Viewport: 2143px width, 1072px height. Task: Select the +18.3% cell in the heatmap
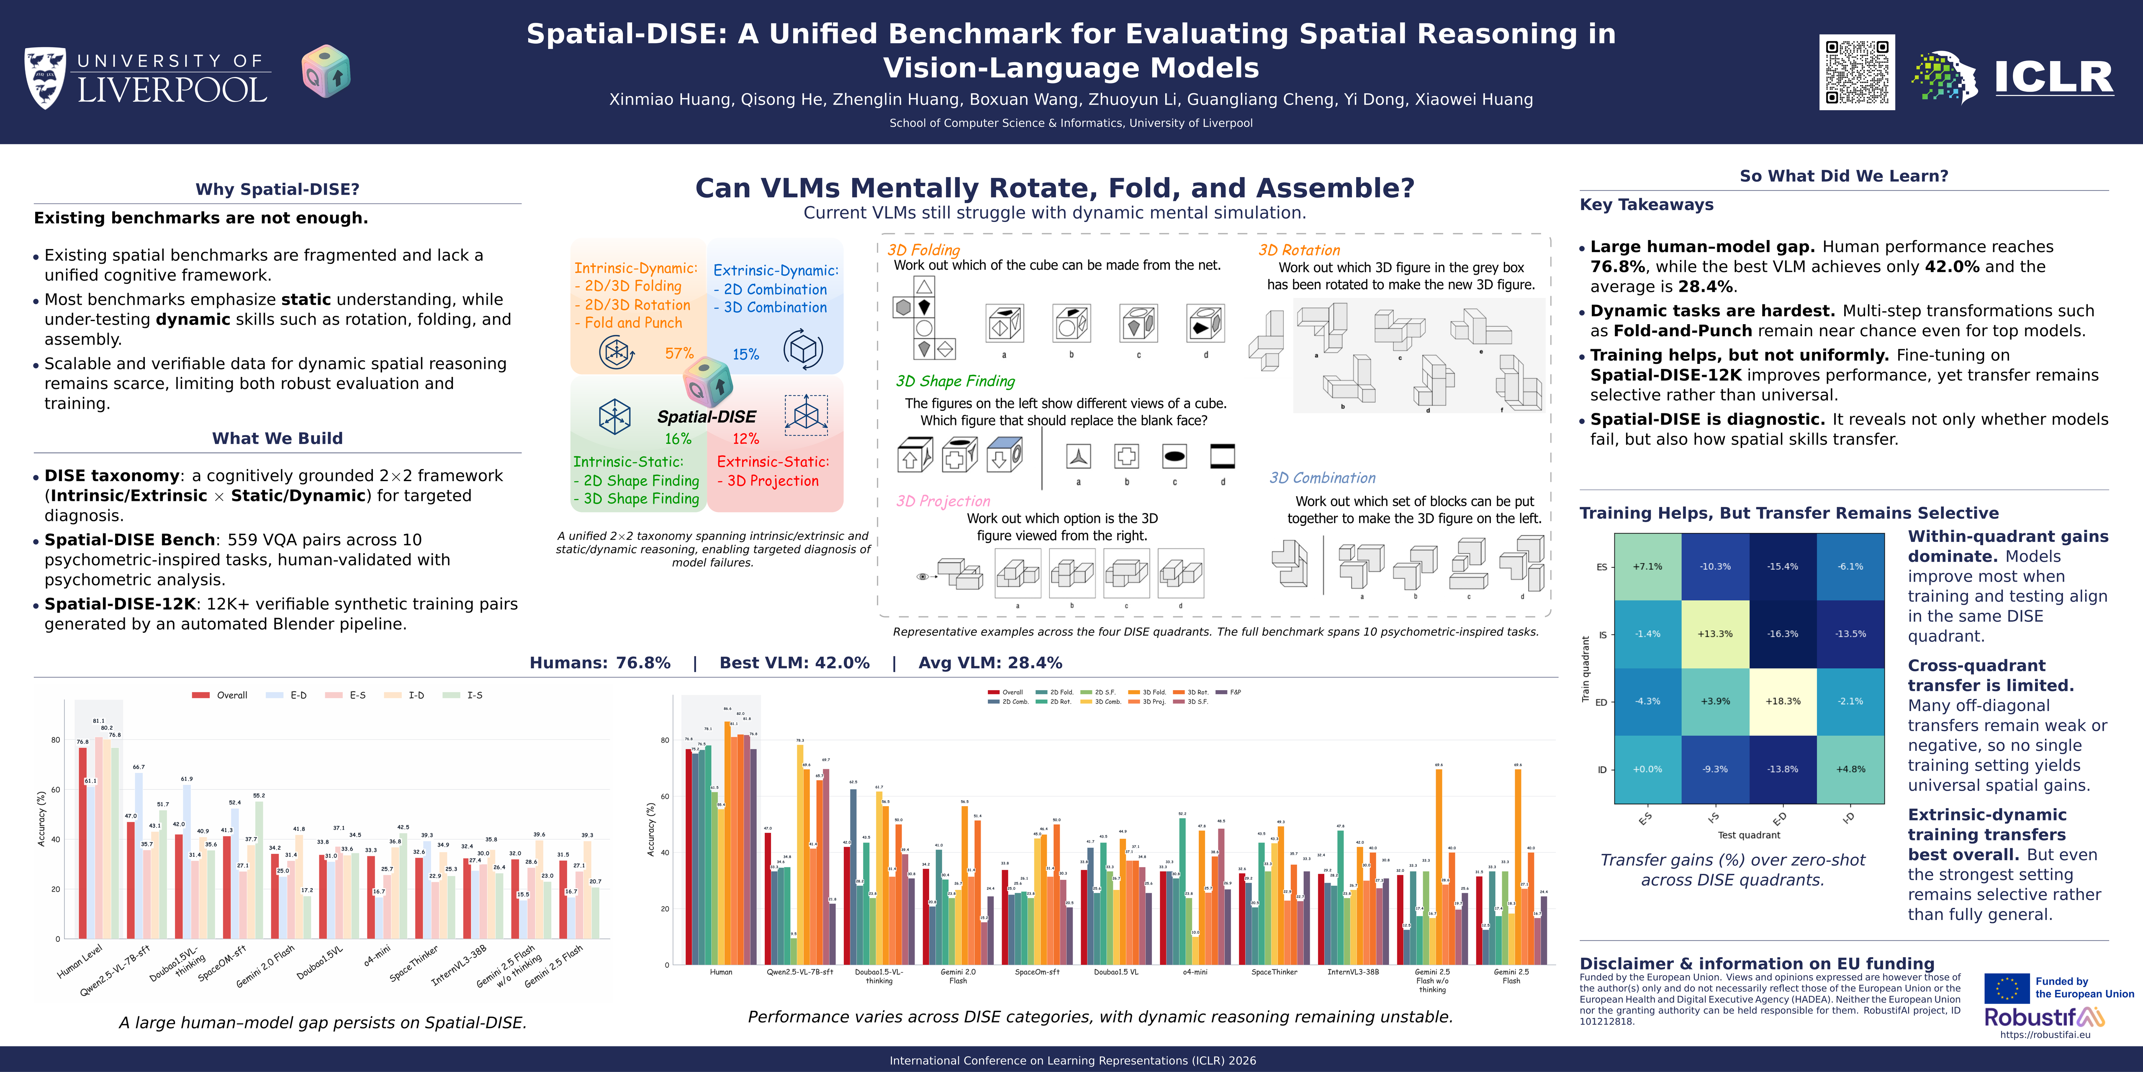point(1783,702)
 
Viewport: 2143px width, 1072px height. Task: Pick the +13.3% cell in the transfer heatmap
point(1714,634)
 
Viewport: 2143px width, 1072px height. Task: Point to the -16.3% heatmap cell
point(1783,634)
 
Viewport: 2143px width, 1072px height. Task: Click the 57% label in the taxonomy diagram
point(679,354)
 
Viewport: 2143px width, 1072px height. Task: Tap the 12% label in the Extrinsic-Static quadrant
point(745,438)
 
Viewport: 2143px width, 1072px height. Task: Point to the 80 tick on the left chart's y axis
point(56,740)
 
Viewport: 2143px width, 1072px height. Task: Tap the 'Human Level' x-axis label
point(80,961)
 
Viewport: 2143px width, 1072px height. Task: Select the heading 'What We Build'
point(277,438)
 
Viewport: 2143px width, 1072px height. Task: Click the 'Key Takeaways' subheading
point(1646,205)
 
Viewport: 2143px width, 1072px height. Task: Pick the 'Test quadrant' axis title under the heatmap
point(1749,835)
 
